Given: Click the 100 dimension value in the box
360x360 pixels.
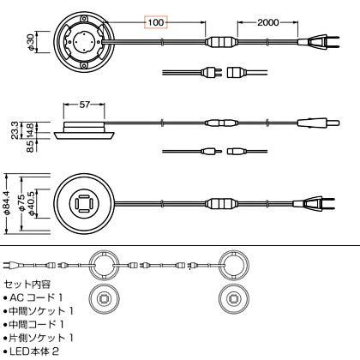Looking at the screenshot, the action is pyautogui.click(x=156, y=22).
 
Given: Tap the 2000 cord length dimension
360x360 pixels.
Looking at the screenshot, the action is pyautogui.click(x=267, y=22).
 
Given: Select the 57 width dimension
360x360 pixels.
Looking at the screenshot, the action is pyautogui.click(x=84, y=105).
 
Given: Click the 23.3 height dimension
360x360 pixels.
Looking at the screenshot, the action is pyautogui.click(x=15, y=130).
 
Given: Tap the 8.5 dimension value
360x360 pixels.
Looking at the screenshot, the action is pyautogui.click(x=30, y=146).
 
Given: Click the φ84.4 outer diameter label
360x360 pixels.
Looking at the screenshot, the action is pyautogui.click(x=7, y=203).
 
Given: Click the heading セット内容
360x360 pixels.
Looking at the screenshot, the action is pyautogui.click(x=27, y=284).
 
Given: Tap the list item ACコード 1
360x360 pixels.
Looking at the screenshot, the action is pyautogui.click(x=33, y=297).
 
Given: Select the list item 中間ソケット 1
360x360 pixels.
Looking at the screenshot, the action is pyautogui.click(x=39, y=311).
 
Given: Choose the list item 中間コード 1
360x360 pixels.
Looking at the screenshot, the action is pyautogui.click(x=33, y=324).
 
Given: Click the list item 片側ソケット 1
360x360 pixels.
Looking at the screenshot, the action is pyautogui.click(x=39, y=338).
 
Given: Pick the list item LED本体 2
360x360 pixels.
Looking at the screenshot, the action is pyautogui.click(x=31, y=351).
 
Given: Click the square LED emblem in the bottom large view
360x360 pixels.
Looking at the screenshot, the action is pyautogui.click(x=83, y=203).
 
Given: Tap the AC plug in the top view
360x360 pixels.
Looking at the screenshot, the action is pyautogui.click(x=319, y=42).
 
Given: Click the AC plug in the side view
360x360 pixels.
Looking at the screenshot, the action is pyautogui.click(x=319, y=123).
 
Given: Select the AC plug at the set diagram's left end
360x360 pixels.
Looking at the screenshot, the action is pyautogui.click(x=11, y=266).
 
